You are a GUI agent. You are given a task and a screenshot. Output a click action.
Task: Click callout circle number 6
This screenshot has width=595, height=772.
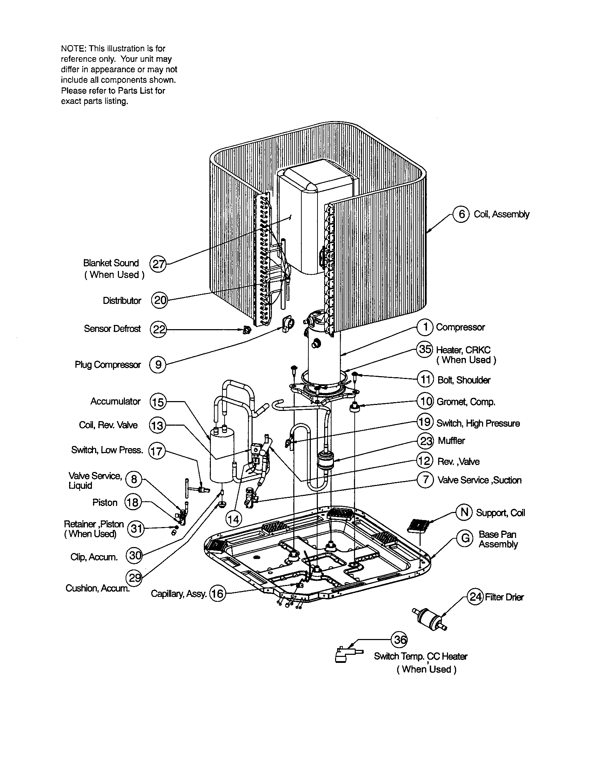461,214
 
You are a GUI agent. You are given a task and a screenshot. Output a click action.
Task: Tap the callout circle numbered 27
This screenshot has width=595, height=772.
158,264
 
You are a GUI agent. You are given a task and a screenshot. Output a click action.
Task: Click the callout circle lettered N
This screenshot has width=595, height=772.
464,513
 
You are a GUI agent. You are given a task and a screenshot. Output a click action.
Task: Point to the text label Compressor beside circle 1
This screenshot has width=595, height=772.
460,327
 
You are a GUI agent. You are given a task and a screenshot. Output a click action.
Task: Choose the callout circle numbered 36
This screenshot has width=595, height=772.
400,639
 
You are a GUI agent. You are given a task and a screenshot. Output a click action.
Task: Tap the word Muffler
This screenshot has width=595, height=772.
451,440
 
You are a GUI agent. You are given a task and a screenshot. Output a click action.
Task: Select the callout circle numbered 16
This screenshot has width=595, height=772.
217,593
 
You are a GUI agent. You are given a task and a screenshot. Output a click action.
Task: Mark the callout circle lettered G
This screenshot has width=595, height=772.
465,538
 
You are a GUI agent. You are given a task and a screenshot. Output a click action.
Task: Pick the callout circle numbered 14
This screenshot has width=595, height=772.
233,519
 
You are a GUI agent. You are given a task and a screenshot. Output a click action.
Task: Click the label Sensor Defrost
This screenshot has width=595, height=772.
112,329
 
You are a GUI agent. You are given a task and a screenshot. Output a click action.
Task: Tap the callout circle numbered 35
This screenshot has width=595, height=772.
425,349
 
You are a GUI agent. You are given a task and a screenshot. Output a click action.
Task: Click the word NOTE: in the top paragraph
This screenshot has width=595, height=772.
73,48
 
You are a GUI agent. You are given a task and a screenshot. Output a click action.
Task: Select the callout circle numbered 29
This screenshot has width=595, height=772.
134,578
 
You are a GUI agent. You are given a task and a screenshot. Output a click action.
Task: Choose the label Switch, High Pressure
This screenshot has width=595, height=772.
478,423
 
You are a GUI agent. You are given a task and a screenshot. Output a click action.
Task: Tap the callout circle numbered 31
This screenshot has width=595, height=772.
135,529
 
